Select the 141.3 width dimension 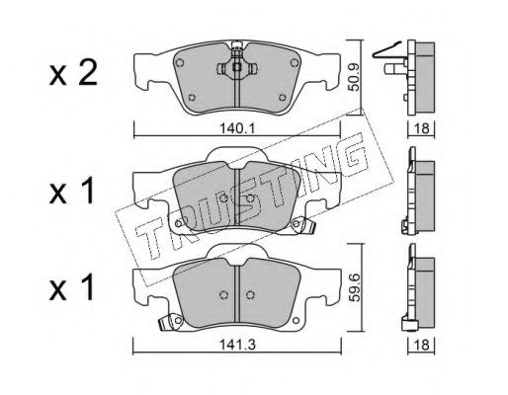237,347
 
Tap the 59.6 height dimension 353,293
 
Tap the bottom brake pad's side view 416,292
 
